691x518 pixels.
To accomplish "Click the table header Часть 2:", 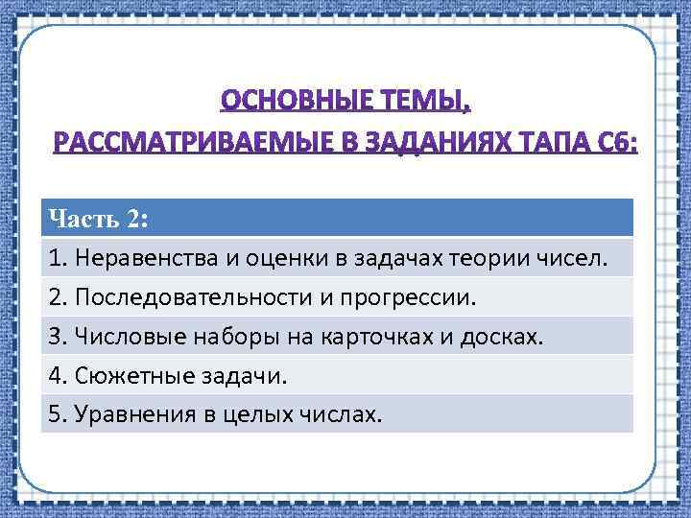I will [97, 218].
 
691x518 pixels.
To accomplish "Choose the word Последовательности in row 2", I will [186, 296].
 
